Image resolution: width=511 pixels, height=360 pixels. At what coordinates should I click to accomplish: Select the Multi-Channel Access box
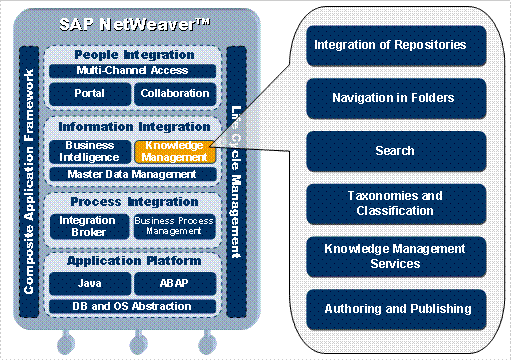coord(132,71)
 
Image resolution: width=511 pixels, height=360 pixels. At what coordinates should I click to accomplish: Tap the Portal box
coord(89,93)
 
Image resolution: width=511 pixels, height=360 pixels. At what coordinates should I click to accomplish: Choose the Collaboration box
coord(175,93)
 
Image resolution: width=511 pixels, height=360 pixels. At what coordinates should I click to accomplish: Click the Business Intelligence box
coord(89,151)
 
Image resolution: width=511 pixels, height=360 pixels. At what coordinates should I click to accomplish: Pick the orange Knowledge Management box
coord(175,151)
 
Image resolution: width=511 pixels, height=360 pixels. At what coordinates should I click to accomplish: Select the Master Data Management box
coord(132,174)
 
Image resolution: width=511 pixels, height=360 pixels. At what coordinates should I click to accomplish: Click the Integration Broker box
coord(89,226)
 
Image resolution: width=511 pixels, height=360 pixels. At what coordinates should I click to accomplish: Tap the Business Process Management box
coord(175,226)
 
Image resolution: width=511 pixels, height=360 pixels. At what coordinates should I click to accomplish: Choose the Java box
coord(89,284)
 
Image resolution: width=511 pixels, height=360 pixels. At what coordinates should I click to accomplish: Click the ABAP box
coord(175,284)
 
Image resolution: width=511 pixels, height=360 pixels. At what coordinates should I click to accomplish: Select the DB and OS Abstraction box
coord(132,305)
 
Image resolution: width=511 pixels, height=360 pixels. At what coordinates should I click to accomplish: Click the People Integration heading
coord(132,53)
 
